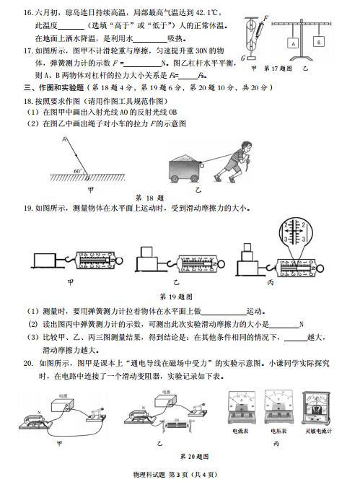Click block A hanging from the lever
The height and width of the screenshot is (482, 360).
pyautogui.click(x=294, y=43)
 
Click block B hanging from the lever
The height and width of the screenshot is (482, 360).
pyautogui.click(x=318, y=41)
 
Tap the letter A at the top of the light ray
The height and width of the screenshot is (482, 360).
pyautogui.click(x=63, y=136)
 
